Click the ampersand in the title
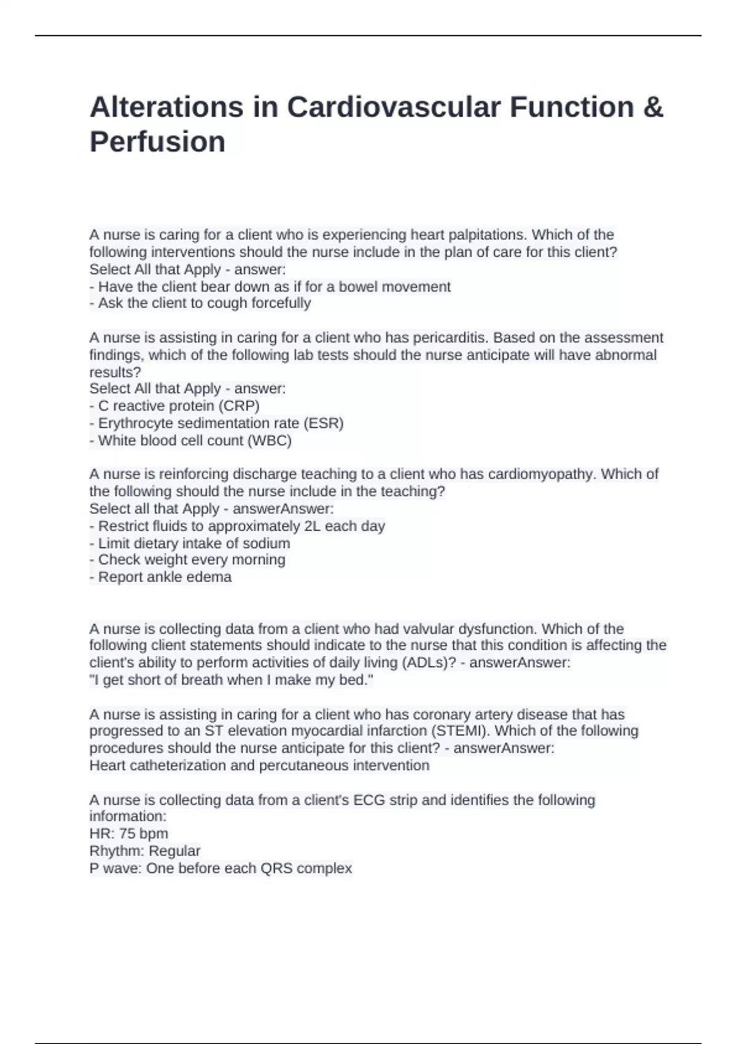coord(653,107)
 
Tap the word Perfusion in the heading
coord(157,142)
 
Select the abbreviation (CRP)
coord(239,406)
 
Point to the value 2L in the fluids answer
coord(312,526)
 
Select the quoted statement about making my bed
coord(231,680)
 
